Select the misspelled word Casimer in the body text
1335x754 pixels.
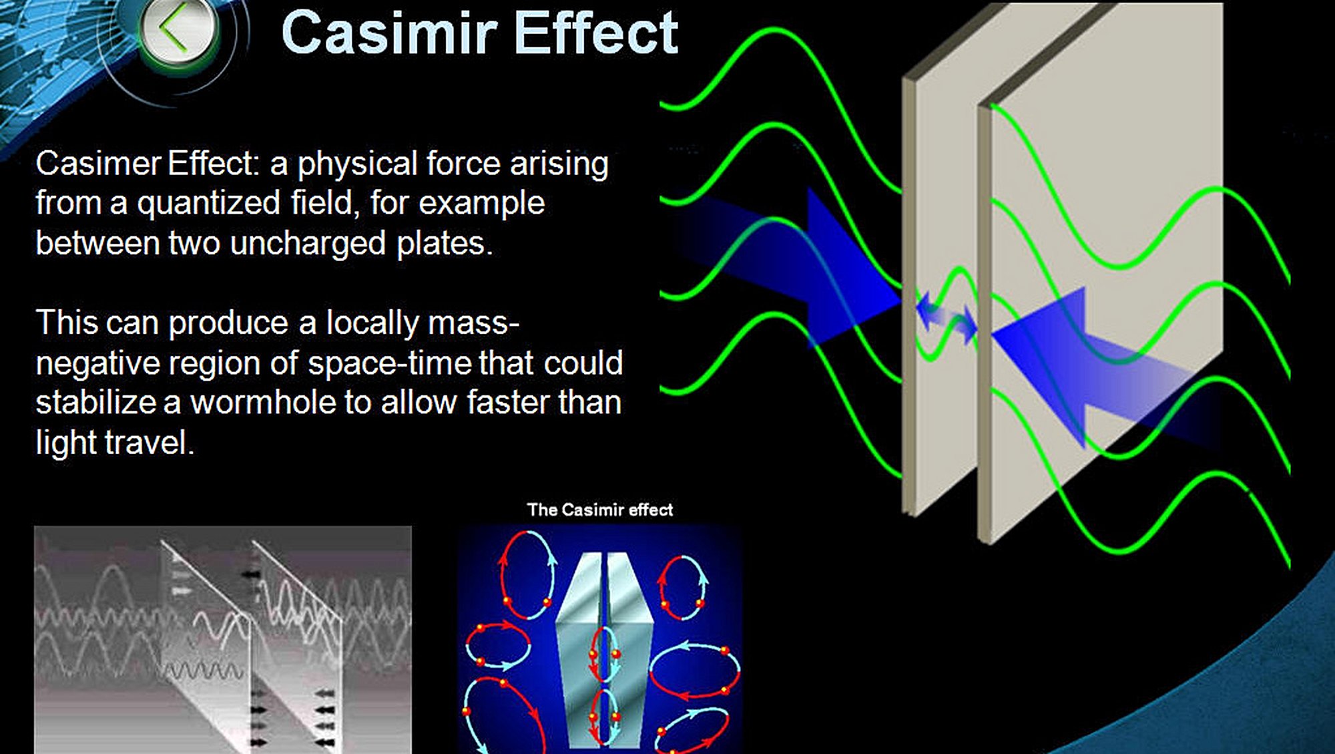98,164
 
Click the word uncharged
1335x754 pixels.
308,243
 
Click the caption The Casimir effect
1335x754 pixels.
600,510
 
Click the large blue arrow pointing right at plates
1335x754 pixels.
791,267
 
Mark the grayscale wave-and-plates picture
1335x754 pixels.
223,640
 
